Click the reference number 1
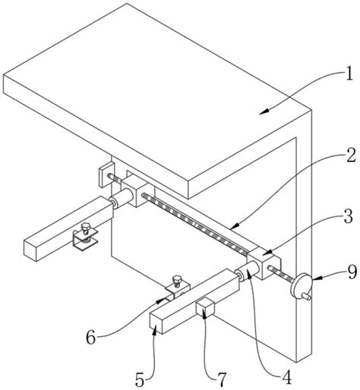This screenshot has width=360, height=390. pos(349,75)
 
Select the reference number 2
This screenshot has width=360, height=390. pos(351,156)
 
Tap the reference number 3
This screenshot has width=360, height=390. pos(348,217)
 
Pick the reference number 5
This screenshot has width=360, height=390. pos(140,380)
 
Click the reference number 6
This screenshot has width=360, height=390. pos(91,338)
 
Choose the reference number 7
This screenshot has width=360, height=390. pos(222,380)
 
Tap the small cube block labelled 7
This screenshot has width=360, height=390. pos(205,307)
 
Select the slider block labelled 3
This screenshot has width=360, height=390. pos(264,263)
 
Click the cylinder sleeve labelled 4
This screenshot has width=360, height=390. pos(248,272)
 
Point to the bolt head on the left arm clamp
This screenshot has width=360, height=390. pos(86,227)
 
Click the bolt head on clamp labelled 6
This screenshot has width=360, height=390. pos(176,279)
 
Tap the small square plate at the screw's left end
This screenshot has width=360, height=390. pos(106,175)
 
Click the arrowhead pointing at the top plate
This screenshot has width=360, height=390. pos(264,112)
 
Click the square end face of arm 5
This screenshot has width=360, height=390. pos(156,323)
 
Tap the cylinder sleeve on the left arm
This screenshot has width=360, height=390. pos(121,198)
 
